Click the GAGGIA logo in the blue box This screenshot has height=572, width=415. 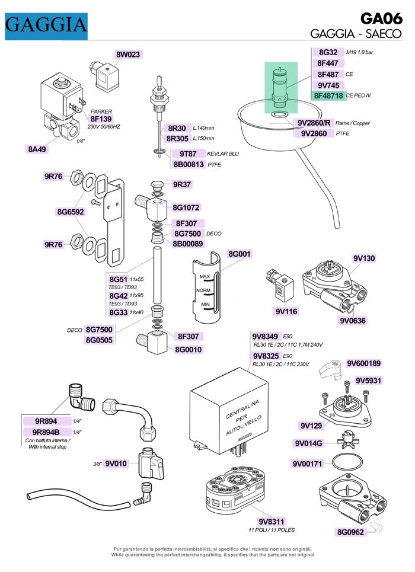pyautogui.click(x=46, y=25)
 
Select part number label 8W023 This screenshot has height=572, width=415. pyautogui.click(x=128, y=55)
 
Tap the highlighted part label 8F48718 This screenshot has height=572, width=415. pyautogui.click(x=329, y=95)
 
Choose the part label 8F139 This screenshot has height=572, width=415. pyautogui.click(x=101, y=119)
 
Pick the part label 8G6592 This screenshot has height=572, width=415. pyautogui.click(x=71, y=211)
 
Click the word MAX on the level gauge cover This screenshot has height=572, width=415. pyautogui.click(x=205, y=277)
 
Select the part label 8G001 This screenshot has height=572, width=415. pyautogui.click(x=240, y=254)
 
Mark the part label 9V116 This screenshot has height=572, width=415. pyautogui.click(x=286, y=311)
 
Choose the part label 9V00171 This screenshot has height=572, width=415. pyautogui.click(x=307, y=463)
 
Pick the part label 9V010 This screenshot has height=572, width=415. pyautogui.click(x=116, y=464)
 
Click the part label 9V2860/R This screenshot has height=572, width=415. pyautogui.click(x=314, y=123)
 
